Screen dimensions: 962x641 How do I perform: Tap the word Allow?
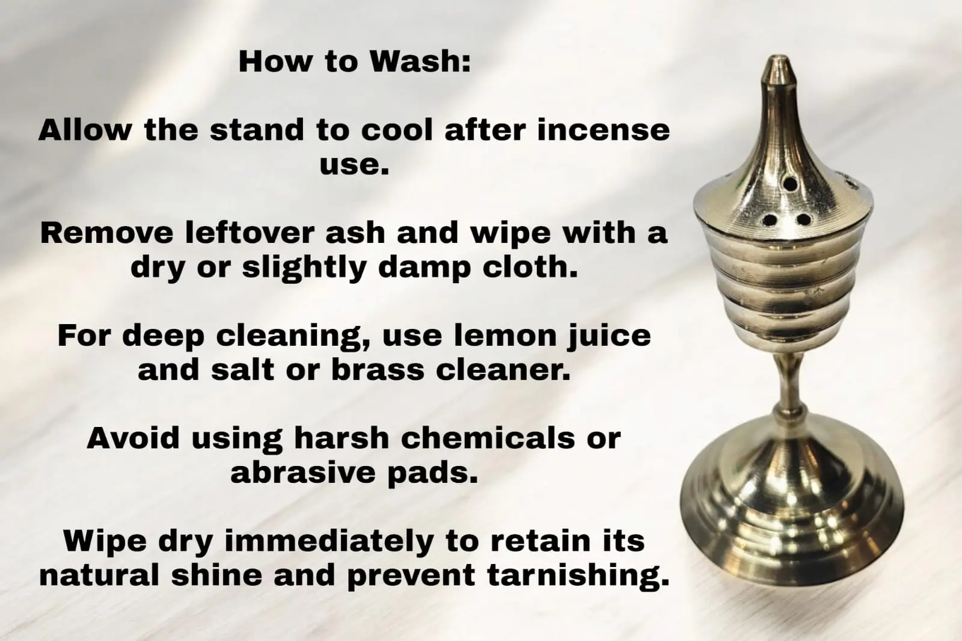[85, 130]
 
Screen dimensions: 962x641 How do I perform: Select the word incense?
[604, 130]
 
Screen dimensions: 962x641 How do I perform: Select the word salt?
[243, 369]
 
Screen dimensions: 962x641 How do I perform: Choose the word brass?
[378, 369]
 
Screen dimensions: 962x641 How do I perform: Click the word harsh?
[342, 438]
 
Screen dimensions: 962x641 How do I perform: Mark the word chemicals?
[488, 438]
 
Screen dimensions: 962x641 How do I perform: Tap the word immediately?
[328, 542]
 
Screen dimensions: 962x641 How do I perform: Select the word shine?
[216, 575]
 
